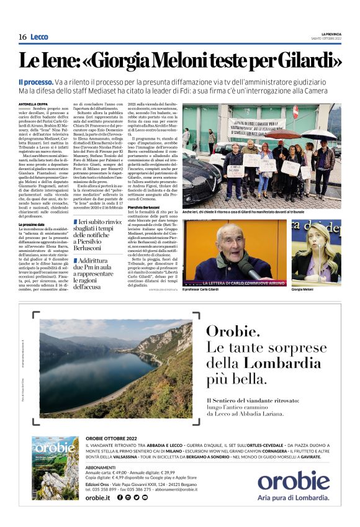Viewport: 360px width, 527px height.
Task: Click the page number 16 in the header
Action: point(22,37)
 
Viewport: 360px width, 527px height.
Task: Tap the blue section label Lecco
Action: point(39,37)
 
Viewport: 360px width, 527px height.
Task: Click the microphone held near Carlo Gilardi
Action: point(247,267)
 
